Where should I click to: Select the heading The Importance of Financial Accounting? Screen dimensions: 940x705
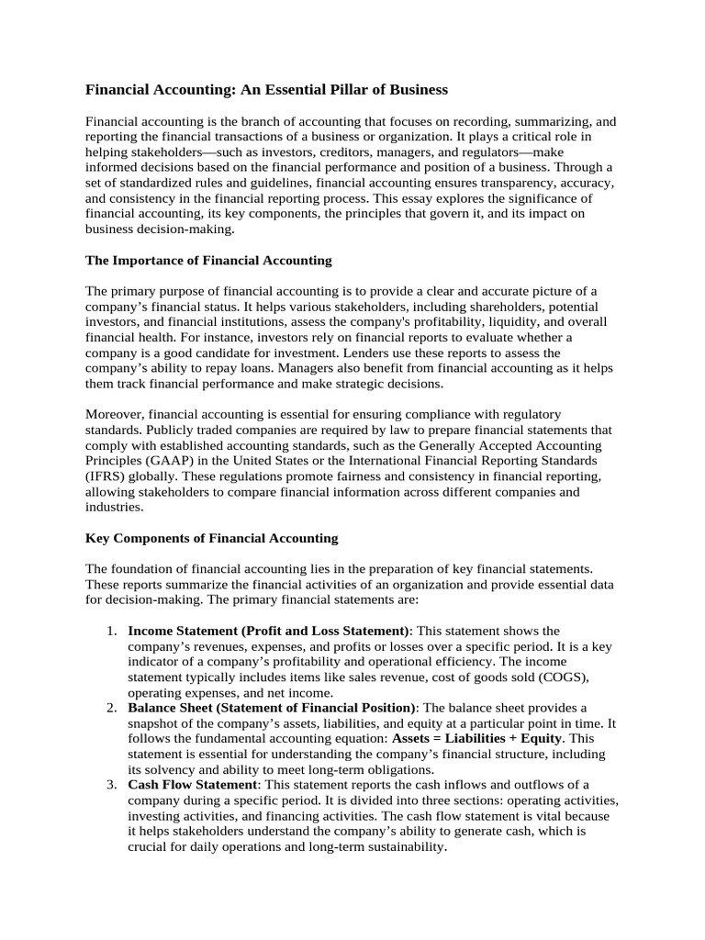pos(208,261)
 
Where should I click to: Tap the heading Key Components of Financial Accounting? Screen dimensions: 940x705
pos(211,538)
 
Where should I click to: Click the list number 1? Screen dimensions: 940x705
pos(109,632)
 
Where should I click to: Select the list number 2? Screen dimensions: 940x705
pos(109,708)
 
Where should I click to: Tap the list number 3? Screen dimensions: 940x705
pos(109,785)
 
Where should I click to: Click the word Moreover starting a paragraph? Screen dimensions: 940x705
pos(114,414)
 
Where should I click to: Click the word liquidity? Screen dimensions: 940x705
pos(496,321)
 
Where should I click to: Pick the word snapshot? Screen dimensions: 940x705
pos(155,723)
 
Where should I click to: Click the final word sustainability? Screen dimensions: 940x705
pos(400,846)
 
